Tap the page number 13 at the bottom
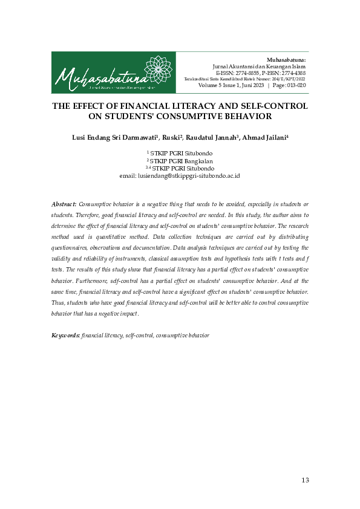click(304, 480)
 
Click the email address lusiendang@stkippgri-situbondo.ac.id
click(190, 175)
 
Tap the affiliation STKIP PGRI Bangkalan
click(182, 161)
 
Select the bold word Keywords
click(65, 334)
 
